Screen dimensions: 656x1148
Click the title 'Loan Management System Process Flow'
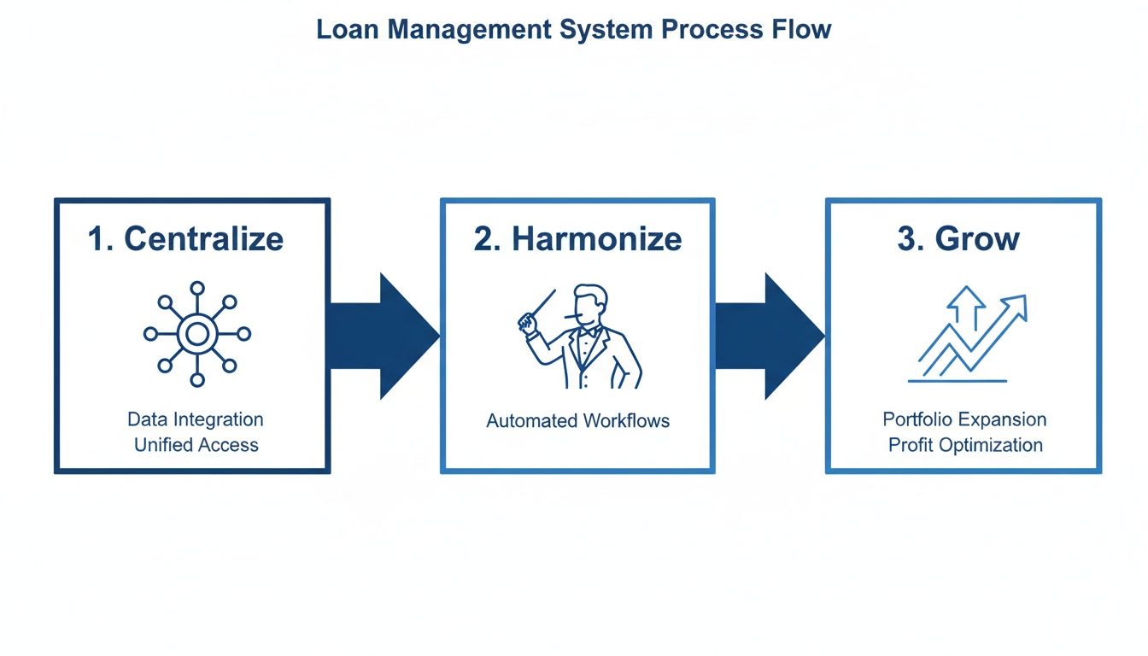pyautogui.click(x=573, y=29)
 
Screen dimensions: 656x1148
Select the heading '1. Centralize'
pyautogui.click(x=185, y=239)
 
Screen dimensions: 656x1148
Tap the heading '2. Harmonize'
pyautogui.click(x=577, y=239)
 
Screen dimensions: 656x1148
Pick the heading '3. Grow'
pyautogui.click(x=958, y=239)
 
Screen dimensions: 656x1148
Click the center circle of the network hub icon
pyautogui.click(x=196, y=335)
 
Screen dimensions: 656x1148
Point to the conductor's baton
pyautogui.click(x=539, y=307)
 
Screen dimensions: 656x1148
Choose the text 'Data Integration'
pyautogui.click(x=196, y=419)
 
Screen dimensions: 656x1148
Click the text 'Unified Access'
pyautogui.click(x=196, y=445)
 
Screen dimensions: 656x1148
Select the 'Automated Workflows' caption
pyautogui.click(x=577, y=421)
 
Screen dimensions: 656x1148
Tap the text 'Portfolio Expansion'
pyautogui.click(x=964, y=419)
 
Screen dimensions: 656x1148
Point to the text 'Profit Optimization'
pyautogui.click(x=964, y=445)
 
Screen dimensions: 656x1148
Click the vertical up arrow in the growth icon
pyautogui.click(x=969, y=308)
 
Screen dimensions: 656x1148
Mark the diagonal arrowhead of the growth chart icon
pyautogui.click(x=1016, y=304)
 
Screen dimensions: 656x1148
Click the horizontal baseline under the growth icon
pyautogui.click(x=958, y=381)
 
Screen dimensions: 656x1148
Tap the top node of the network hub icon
pyautogui.click(x=196, y=289)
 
